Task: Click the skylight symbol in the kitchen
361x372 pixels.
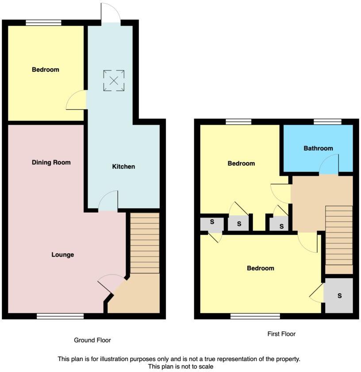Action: pos(114,81)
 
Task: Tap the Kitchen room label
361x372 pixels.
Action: pos(123,167)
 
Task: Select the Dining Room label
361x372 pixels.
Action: pos(51,162)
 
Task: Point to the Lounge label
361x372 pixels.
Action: pos(62,255)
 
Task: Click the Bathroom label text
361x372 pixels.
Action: pos(318,148)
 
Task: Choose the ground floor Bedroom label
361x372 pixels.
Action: pos(45,70)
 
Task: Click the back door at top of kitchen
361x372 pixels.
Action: pos(110,12)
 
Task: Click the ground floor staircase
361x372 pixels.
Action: pos(144,244)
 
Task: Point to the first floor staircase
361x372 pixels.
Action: pos(339,240)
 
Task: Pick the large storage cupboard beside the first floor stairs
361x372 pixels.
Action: pos(339,295)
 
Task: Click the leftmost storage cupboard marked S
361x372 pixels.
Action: pos(212,224)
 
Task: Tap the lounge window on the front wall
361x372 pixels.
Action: pos(60,316)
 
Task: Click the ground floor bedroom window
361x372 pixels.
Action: pos(43,23)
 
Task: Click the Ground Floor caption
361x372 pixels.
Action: pos(92,340)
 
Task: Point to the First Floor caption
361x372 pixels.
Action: pos(281,334)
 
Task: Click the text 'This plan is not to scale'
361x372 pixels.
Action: pos(180,367)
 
